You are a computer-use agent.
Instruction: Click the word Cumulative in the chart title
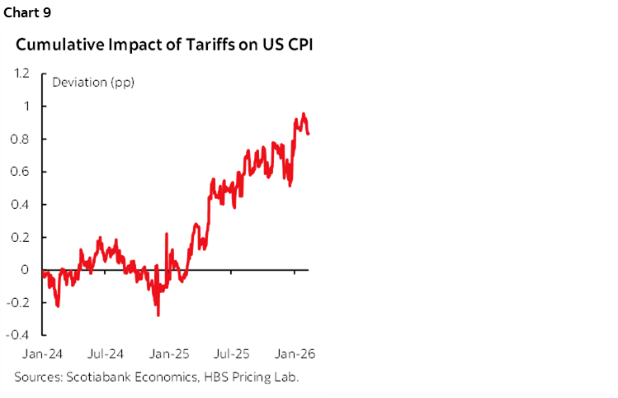54,45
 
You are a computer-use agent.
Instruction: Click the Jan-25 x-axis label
171,353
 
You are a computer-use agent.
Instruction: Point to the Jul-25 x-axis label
234,353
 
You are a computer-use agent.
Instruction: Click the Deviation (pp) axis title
93,82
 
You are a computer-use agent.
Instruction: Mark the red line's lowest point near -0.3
158,315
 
